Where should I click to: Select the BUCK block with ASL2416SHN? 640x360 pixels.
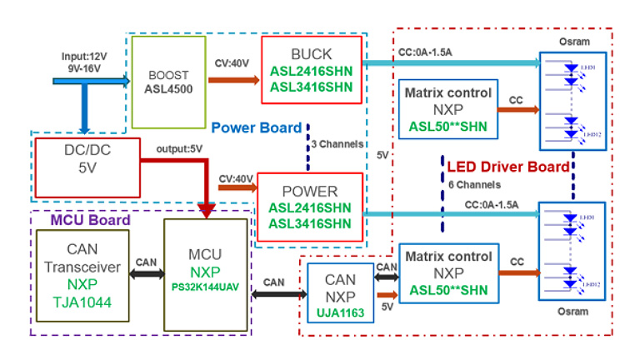310,69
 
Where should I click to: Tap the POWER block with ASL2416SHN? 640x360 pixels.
310,208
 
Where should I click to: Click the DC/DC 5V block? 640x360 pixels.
87,162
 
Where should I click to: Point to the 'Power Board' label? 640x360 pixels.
255,128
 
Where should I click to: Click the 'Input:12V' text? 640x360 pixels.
85,57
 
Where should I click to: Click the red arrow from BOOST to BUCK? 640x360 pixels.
232,81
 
